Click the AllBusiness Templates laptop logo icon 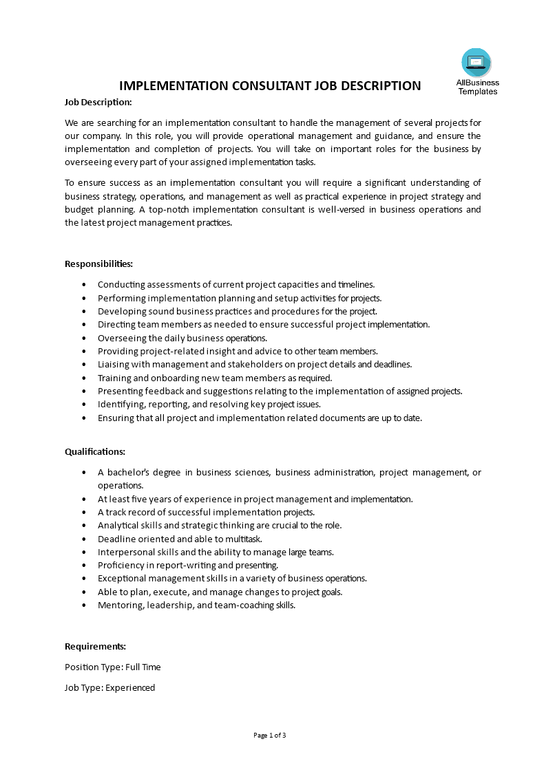click(476, 63)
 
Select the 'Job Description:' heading click(98, 102)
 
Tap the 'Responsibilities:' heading click(98, 264)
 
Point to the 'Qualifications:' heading click(95, 451)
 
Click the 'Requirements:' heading click(95, 646)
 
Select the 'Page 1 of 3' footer click(270, 735)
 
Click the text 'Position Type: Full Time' click(113, 667)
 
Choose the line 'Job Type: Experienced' click(110, 687)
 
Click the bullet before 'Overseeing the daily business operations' click(84, 338)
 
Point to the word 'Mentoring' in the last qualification click(119, 605)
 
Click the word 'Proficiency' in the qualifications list click(121, 565)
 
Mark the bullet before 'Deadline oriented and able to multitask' click(84, 539)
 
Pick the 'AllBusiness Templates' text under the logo click(478, 87)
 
